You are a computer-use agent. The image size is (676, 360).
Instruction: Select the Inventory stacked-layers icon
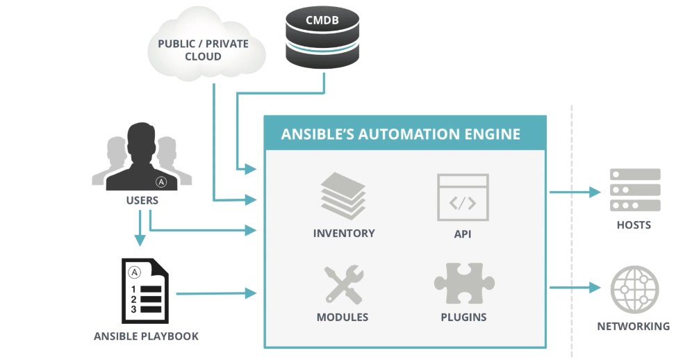(x=343, y=197)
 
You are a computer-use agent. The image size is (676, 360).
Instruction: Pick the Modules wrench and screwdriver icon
(x=343, y=284)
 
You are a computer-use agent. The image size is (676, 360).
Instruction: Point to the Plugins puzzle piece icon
(x=463, y=282)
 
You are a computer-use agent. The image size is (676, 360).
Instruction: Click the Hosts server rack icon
(x=634, y=190)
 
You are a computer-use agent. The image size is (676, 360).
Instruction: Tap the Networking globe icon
(x=634, y=291)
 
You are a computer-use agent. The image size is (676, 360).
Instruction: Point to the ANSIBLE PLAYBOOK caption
(x=146, y=336)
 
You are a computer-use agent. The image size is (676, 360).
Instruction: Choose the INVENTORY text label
(x=344, y=234)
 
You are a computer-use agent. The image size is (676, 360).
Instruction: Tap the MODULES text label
(x=343, y=318)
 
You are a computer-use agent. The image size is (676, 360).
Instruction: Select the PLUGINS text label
(x=463, y=318)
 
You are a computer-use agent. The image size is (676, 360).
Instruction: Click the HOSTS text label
(x=634, y=224)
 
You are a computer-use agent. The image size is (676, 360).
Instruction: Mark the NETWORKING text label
(x=634, y=326)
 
